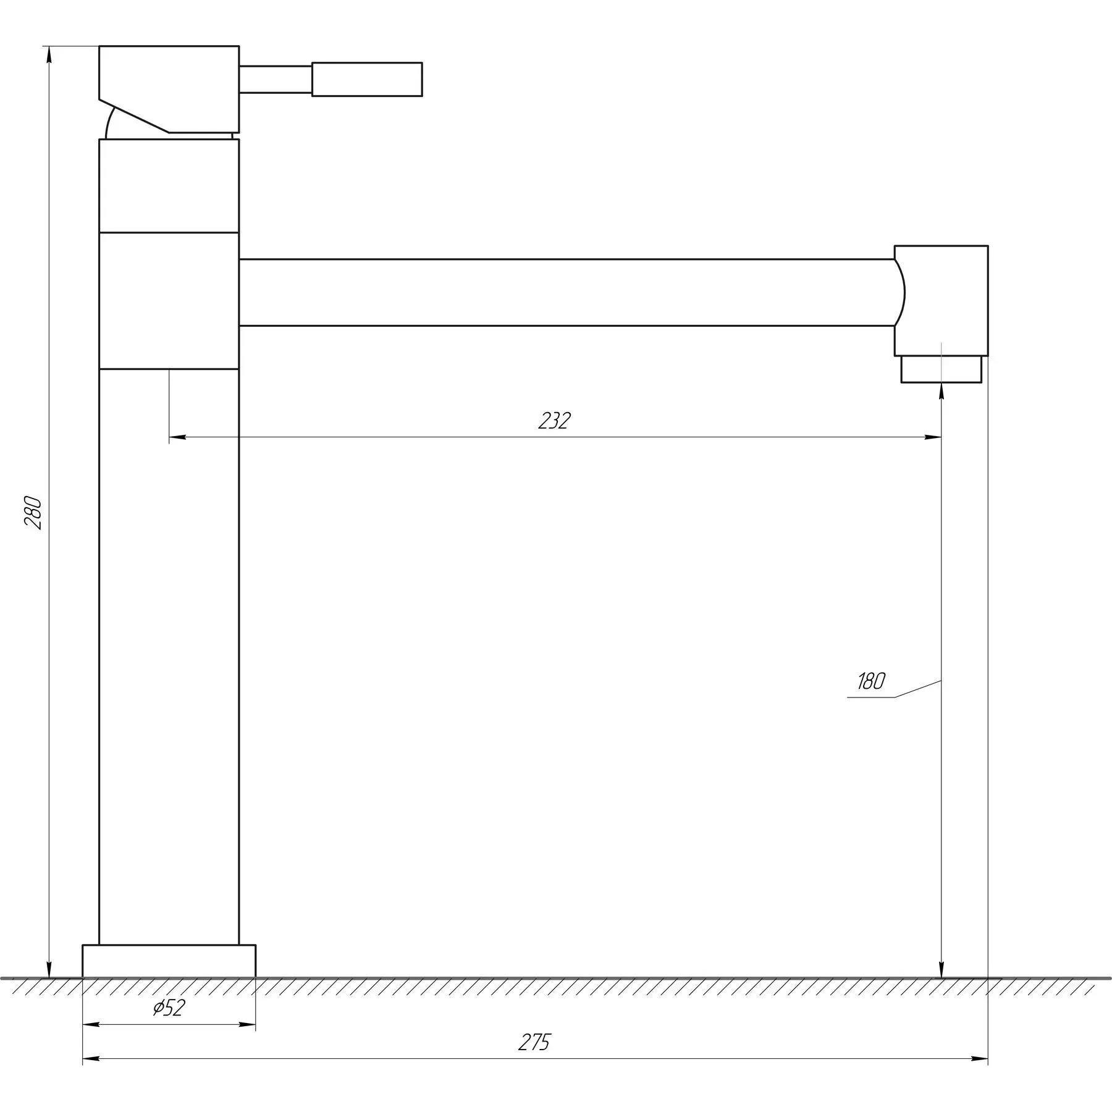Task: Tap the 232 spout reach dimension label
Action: pyautogui.click(x=554, y=421)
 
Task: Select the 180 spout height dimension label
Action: pyautogui.click(x=871, y=681)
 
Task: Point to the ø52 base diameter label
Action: pyautogui.click(x=169, y=1008)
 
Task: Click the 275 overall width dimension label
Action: pyautogui.click(x=534, y=1043)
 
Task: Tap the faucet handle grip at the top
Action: pyautogui.click(x=367, y=79)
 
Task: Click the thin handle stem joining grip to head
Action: pyautogui.click(x=276, y=79)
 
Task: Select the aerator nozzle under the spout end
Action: pyautogui.click(x=941, y=369)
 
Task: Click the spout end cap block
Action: pyautogui.click(x=941, y=301)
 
